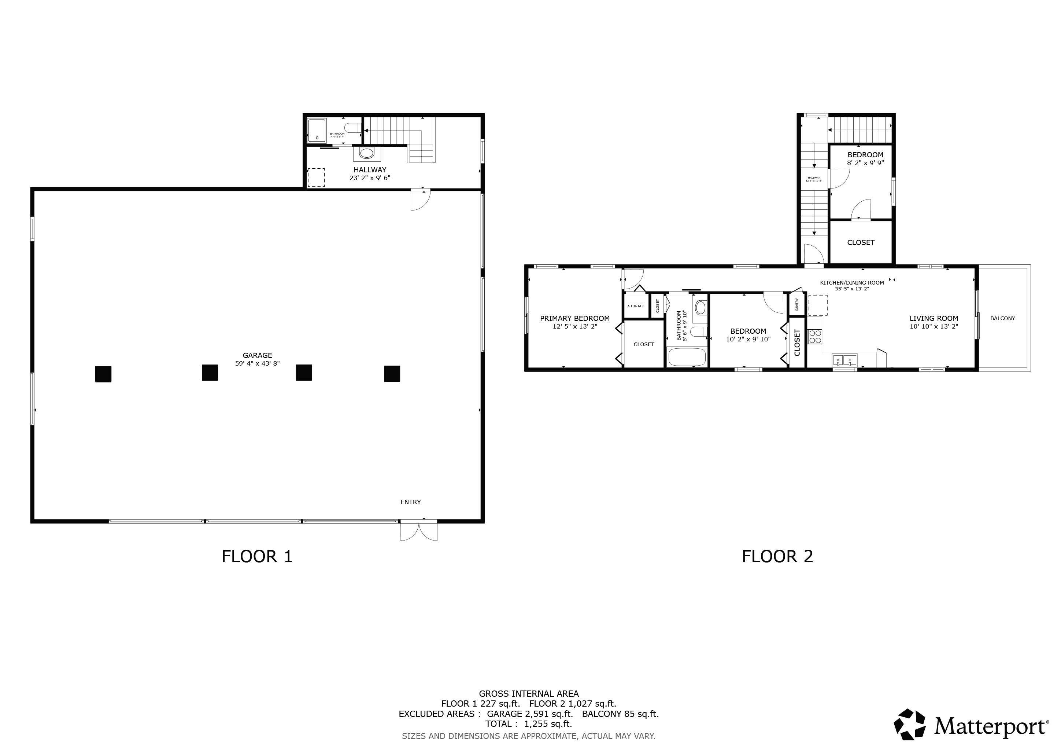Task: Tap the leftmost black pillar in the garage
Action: (x=103, y=374)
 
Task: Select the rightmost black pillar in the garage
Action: (x=392, y=373)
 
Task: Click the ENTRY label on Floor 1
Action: (x=410, y=502)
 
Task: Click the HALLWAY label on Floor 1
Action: (x=370, y=170)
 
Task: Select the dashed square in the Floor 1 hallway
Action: (x=316, y=177)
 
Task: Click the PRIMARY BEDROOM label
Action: (x=574, y=318)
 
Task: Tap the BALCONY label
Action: (x=1002, y=318)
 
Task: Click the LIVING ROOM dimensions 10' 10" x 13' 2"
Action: (x=934, y=326)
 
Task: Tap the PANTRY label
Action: (x=797, y=304)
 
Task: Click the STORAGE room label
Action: (x=636, y=306)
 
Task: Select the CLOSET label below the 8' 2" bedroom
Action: (x=861, y=242)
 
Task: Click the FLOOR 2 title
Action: (x=777, y=556)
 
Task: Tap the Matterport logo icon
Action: (x=909, y=724)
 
